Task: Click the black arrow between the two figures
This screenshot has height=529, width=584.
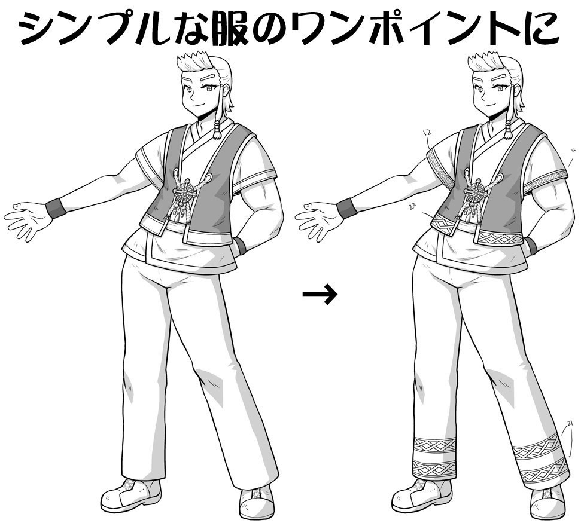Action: (320, 294)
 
